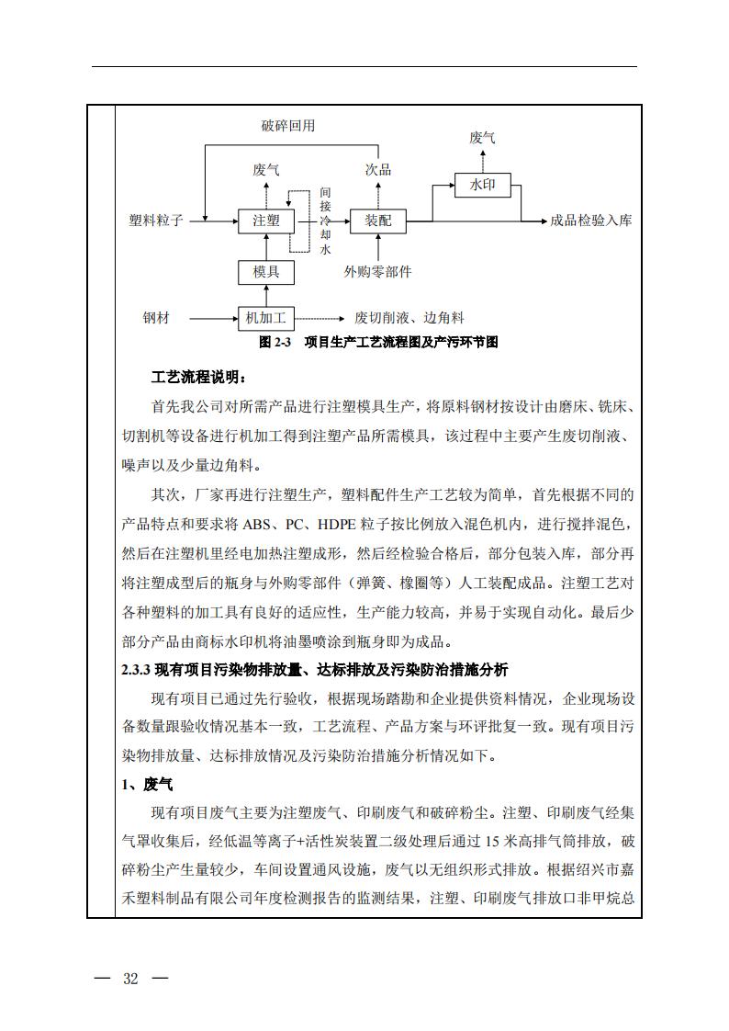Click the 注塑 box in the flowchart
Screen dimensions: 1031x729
point(266,221)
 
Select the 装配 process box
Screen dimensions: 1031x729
point(377,221)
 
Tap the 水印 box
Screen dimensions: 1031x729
point(482,185)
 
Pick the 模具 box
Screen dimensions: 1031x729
point(266,271)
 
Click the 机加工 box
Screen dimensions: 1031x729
point(266,319)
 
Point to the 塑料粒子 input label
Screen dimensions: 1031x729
point(156,221)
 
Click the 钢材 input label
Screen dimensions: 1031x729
point(156,319)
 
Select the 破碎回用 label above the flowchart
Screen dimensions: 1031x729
point(287,126)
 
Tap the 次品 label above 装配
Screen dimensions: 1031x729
point(377,170)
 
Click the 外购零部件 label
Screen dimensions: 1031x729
point(377,272)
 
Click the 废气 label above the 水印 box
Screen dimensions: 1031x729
point(482,138)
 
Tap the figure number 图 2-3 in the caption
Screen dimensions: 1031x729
point(275,342)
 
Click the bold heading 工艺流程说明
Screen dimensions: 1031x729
point(198,378)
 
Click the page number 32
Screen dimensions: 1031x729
point(130,979)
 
